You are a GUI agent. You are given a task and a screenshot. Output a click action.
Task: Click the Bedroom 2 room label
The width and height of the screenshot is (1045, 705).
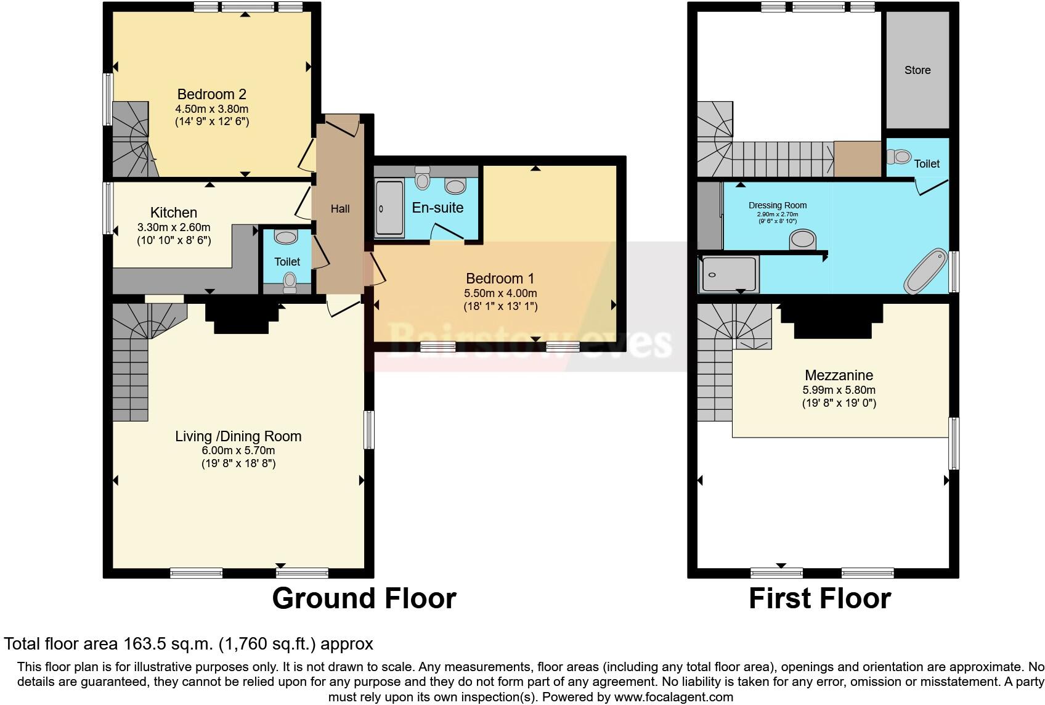click(211, 94)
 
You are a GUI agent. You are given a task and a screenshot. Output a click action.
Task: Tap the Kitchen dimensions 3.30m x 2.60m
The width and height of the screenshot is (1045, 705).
click(174, 227)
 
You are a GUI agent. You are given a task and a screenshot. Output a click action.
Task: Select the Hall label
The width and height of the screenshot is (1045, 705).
click(340, 209)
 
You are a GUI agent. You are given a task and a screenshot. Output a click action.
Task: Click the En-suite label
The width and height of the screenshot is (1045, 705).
click(437, 208)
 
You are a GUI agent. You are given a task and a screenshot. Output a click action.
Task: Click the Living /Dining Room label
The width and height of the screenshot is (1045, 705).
click(238, 436)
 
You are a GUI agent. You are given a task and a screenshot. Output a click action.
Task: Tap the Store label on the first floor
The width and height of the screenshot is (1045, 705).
click(917, 70)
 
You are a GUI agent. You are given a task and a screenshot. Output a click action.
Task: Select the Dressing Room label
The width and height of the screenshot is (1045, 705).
click(777, 205)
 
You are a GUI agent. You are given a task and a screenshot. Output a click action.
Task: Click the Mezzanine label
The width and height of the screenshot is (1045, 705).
click(839, 375)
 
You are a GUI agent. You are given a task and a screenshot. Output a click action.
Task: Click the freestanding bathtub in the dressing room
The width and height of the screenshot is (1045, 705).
click(925, 271)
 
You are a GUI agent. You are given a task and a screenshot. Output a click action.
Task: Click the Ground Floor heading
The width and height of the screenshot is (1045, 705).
click(364, 598)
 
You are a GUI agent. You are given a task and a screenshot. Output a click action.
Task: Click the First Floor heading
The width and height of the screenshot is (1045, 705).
click(819, 598)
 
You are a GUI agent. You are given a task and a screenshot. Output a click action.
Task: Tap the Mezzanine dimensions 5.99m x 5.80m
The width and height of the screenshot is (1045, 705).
click(839, 390)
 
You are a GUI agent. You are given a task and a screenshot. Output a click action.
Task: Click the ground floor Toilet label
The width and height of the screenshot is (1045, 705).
click(287, 262)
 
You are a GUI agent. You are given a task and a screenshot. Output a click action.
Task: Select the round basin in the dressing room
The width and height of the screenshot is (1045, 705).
click(803, 239)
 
